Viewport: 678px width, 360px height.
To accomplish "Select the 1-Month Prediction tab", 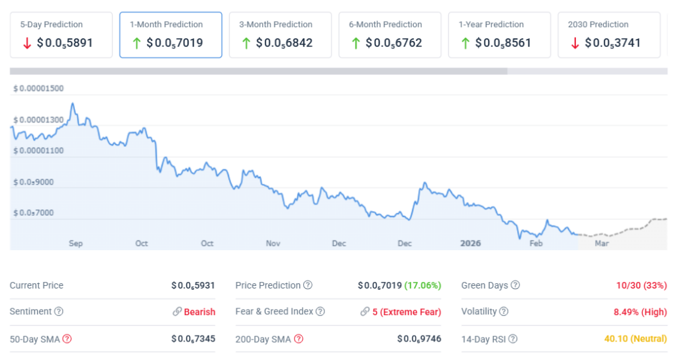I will pyautogui.click(x=171, y=34).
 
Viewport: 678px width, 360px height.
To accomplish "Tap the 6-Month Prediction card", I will pyautogui.click(x=389, y=34).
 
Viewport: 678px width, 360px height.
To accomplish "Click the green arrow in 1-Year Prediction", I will pyautogui.click(x=465, y=43).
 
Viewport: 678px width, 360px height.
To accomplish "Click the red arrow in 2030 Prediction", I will pyautogui.click(x=574, y=43).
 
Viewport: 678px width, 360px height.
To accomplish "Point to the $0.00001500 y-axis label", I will pyautogui.click(x=38, y=89).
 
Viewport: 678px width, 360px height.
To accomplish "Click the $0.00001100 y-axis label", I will pyautogui.click(x=38, y=151).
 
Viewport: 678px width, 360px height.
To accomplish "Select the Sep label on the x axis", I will pyautogui.click(x=75, y=244).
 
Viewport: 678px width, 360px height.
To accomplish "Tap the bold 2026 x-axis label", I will pyautogui.click(x=470, y=244).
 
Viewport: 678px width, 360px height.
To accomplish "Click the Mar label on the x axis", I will pyautogui.click(x=601, y=244).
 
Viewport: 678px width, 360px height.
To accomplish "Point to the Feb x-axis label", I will pyautogui.click(x=536, y=244).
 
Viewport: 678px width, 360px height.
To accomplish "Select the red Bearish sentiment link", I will pyautogui.click(x=199, y=312).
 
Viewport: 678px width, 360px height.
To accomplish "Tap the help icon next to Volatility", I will pyautogui.click(x=504, y=312).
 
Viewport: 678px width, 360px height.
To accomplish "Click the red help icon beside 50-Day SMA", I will pyautogui.click(x=67, y=339).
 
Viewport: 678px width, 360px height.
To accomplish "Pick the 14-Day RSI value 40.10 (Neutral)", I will pyautogui.click(x=636, y=339).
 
